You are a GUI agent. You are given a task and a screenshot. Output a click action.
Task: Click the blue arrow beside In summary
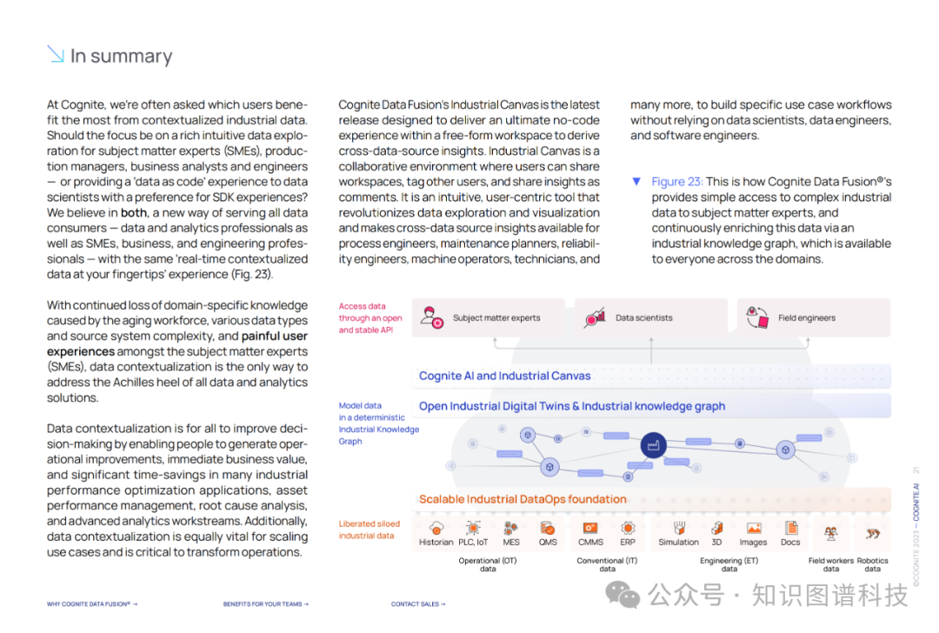coord(56,54)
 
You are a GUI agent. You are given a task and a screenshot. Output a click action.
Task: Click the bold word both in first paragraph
coord(134,213)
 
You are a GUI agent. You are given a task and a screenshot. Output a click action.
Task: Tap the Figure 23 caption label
coord(676,182)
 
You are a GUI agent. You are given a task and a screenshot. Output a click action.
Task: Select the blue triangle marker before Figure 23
coord(636,182)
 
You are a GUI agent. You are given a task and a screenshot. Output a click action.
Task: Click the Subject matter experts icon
coord(432,317)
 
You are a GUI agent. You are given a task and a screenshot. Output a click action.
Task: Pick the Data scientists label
coord(643,318)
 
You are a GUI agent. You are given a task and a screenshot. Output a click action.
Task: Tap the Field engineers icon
coord(757,317)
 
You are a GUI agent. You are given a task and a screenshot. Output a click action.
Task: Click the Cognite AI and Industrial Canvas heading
coord(505,376)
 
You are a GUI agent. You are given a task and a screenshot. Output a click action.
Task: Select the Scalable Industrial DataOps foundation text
coord(523,499)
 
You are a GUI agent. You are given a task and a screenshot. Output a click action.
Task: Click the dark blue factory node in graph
coord(653,445)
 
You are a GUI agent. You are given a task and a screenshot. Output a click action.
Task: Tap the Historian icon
coord(436,528)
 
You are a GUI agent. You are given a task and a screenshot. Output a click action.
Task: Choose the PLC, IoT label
coord(473,542)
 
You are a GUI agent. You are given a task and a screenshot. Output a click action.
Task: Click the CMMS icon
coord(590,528)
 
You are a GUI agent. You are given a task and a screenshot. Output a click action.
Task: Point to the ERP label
coord(628,542)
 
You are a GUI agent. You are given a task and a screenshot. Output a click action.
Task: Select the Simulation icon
coord(679,528)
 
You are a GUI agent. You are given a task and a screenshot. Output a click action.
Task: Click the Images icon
coord(754,528)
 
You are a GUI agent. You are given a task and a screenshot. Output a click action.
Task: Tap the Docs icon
coord(791,528)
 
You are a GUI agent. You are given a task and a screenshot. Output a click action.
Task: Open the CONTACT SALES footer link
coord(418,604)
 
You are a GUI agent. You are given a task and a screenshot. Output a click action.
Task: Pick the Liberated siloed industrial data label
coord(369,530)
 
